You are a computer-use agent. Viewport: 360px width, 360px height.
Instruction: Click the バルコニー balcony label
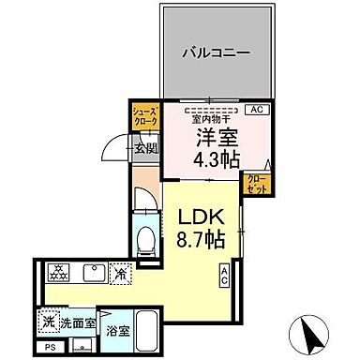tap(216, 53)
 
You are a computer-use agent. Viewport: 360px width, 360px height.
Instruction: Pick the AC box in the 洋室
tap(257, 110)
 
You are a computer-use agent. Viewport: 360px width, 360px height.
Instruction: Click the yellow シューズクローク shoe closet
tap(144, 116)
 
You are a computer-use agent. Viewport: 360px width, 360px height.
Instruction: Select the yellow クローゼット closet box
tap(253, 183)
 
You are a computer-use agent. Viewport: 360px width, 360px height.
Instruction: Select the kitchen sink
tap(93, 273)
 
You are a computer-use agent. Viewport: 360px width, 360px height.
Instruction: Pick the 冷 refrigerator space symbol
tap(122, 274)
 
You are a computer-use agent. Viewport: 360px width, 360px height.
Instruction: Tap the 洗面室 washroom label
tap(77, 323)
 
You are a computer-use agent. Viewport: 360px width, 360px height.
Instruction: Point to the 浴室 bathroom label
tap(117, 331)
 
